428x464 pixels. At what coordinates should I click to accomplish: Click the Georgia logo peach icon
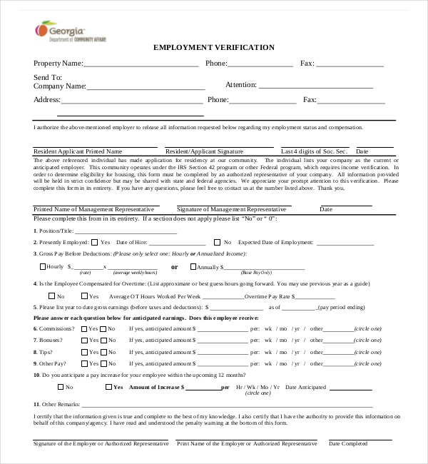tap(42, 29)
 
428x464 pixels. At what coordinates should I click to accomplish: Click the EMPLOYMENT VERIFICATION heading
tap(214, 47)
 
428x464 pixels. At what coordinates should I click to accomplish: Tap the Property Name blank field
tap(141, 64)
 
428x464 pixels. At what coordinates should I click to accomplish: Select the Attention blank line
tap(316, 86)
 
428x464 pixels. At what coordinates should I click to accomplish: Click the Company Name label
tap(60, 86)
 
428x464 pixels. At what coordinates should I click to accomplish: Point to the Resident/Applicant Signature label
tap(204, 151)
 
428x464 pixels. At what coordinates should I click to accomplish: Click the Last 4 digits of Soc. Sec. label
tap(314, 151)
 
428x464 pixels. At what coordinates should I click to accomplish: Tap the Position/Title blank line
tap(126, 231)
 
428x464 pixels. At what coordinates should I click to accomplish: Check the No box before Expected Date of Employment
tap(218, 242)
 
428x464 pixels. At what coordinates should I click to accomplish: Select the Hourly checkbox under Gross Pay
tap(42, 266)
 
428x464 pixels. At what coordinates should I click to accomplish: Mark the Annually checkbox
tap(193, 266)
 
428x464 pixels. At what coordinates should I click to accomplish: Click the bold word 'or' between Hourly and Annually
tap(174, 267)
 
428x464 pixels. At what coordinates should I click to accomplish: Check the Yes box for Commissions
tap(84, 329)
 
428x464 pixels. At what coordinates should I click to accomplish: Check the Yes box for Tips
tap(84, 352)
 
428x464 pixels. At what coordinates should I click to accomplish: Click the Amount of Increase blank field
tap(203, 388)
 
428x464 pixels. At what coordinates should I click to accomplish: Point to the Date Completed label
tap(348, 443)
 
